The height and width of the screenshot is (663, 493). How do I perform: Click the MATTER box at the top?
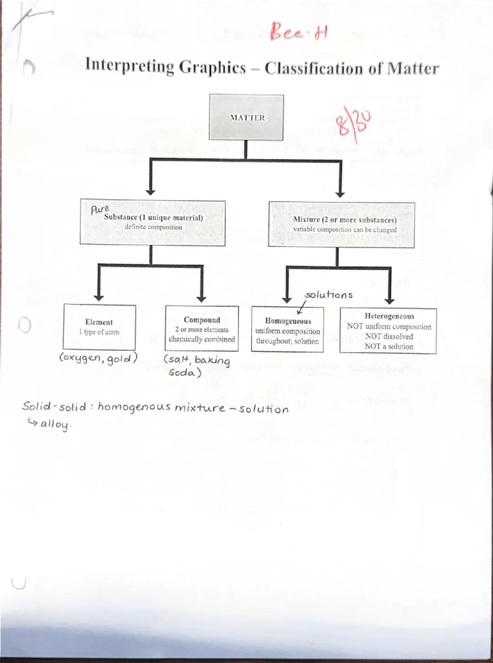(246, 117)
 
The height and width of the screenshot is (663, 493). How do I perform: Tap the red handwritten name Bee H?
(299, 31)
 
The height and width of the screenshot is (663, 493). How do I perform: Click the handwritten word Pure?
(100, 209)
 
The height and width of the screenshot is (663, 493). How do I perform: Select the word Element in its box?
(99, 322)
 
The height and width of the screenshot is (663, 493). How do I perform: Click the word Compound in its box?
(202, 320)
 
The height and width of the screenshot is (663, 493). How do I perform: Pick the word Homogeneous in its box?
(288, 321)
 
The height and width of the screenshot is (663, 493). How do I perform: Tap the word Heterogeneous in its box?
(389, 316)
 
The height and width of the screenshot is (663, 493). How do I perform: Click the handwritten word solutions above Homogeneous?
(329, 295)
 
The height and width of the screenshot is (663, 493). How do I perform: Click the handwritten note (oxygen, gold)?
(99, 358)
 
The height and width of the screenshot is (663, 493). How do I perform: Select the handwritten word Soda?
(184, 373)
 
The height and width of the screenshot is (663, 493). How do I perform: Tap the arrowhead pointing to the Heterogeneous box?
(389, 301)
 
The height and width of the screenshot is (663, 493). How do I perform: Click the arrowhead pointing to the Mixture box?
(340, 193)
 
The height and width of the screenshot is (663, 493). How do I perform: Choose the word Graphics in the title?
(212, 68)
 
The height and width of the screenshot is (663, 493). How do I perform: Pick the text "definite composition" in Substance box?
(153, 227)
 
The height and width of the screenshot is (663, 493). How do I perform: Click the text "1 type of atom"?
(99, 332)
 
